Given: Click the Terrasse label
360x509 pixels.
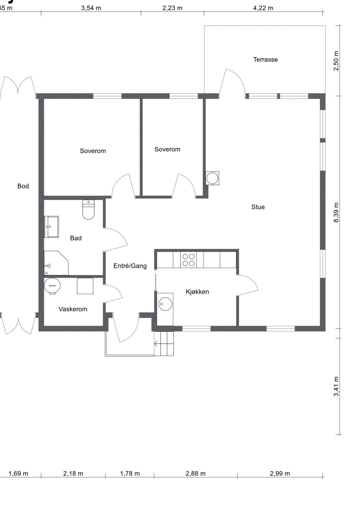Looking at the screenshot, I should tap(265, 60).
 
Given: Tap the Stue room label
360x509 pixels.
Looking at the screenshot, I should tap(258, 207).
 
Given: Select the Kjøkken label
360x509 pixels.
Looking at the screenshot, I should tap(197, 292).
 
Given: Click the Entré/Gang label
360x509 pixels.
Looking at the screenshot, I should tap(130, 266).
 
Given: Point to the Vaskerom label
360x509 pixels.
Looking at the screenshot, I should tap(73, 309).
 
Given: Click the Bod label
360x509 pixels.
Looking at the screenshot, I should tap(23, 186).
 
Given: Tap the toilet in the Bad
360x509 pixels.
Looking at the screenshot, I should tap(88, 210).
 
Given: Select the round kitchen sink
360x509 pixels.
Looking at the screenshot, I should tap(165, 304).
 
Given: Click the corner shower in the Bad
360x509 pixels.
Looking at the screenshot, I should tap(55, 264).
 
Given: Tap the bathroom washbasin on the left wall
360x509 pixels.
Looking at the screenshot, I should tap(52, 227).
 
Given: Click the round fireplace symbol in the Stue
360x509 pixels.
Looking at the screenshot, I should tap(212, 178).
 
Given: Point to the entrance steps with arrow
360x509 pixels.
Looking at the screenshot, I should tap(164, 344).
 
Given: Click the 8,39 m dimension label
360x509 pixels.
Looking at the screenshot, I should tap(336, 212).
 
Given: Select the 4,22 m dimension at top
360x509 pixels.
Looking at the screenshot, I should tap(263, 8).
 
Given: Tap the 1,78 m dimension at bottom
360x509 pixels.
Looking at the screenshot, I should tap(130, 474).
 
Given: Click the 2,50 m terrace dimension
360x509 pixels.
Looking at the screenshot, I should tap(336, 61).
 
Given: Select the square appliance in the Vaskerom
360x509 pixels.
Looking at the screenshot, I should tap(85, 286).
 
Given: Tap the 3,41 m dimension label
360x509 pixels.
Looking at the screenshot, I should tap(336, 386).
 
